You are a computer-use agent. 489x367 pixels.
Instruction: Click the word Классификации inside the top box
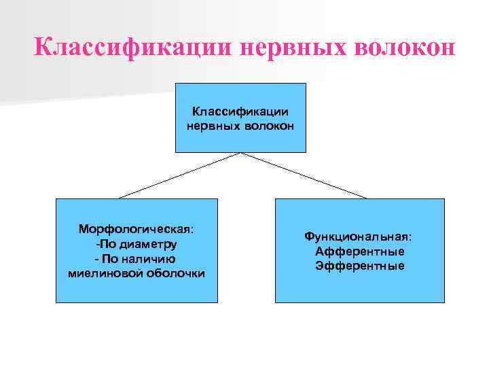click(240, 111)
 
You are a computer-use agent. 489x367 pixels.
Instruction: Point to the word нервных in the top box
click(211, 125)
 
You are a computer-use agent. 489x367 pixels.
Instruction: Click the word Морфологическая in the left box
click(134, 229)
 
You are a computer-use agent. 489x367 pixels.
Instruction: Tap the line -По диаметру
click(137, 243)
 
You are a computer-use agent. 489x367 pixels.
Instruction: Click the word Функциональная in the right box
click(357, 237)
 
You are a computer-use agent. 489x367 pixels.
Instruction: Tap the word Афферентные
click(359, 251)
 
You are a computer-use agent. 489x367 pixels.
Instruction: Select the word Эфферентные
click(359, 266)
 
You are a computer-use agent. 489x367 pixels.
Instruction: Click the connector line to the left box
click(180, 175)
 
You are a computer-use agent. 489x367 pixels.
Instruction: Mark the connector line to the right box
click(304, 175)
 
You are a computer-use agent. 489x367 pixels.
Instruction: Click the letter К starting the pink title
click(43, 48)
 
